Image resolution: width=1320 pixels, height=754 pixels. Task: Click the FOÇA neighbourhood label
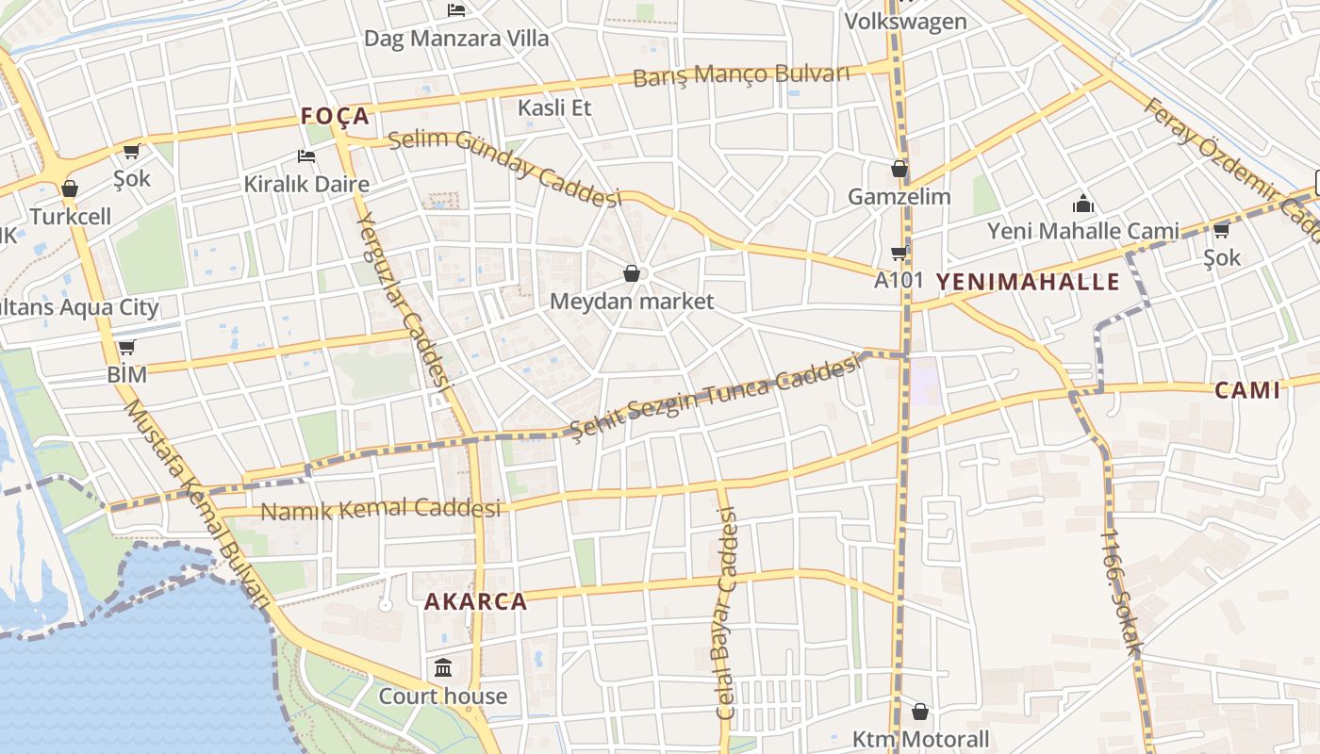coord(335,116)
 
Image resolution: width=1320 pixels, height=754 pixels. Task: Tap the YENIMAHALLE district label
coord(1028,281)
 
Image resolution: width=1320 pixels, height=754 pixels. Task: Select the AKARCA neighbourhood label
coord(475,601)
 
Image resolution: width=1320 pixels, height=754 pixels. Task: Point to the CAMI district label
coord(1247,390)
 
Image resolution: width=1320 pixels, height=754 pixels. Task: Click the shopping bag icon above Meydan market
coord(632,273)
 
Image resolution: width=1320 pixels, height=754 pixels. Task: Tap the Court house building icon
coord(443,668)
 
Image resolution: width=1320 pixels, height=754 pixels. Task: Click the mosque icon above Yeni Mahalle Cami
coord(1083,204)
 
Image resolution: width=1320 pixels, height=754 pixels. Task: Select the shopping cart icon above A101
coord(899,252)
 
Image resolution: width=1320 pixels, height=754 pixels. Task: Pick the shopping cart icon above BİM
coord(126,347)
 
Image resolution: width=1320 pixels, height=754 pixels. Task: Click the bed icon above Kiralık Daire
coord(305,156)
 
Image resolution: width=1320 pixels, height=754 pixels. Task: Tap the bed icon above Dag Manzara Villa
coord(456,10)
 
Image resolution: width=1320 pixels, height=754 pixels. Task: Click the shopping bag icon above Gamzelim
coord(899,169)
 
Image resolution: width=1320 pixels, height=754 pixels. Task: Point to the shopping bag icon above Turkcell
coord(69,188)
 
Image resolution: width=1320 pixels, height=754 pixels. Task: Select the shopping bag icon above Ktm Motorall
coord(920,711)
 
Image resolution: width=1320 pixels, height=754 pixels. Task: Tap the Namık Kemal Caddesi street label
coord(380,510)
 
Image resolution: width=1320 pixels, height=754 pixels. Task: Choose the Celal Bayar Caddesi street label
coord(725,613)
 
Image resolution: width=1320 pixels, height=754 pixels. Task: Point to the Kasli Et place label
coord(554,107)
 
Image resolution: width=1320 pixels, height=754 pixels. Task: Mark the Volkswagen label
coord(905,21)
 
